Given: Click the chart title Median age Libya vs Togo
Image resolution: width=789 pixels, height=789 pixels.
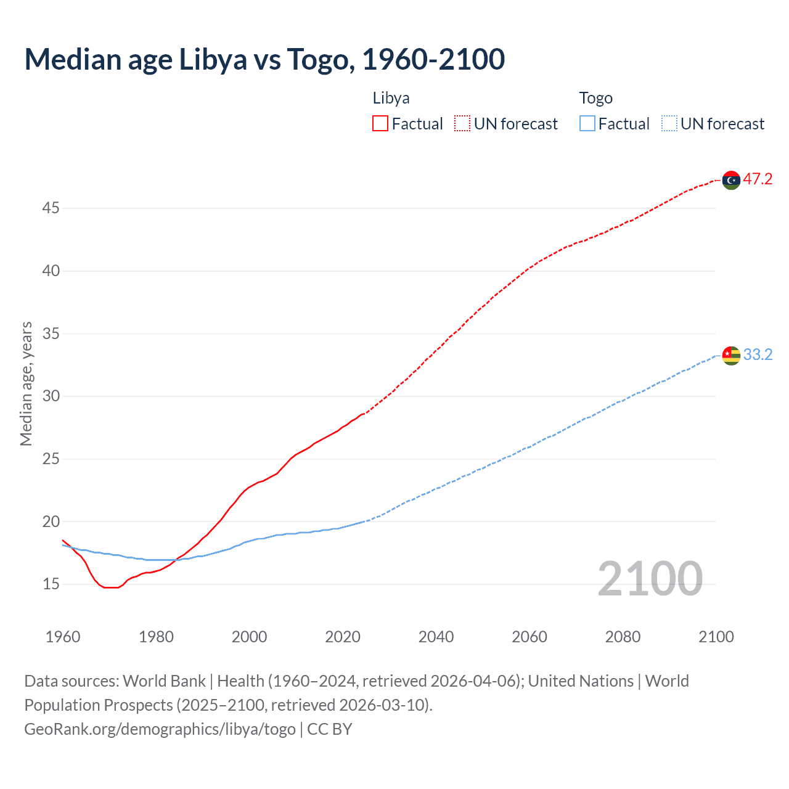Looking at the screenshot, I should [x=264, y=60].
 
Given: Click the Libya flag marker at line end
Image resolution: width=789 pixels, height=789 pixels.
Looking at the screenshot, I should [x=731, y=180].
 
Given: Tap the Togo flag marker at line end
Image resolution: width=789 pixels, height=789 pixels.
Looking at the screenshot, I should [x=731, y=355].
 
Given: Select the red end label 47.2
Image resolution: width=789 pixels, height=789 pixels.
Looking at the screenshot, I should [x=758, y=179].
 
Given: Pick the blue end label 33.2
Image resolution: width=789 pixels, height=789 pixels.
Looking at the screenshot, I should [x=758, y=354].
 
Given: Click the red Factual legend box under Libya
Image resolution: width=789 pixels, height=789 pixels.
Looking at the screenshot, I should [x=380, y=123].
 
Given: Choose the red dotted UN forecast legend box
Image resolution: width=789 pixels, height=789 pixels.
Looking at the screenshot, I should [x=462, y=123].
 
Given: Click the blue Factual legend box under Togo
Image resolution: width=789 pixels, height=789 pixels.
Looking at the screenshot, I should [x=587, y=123].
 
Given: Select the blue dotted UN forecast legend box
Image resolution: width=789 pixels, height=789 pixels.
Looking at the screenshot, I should [x=669, y=123].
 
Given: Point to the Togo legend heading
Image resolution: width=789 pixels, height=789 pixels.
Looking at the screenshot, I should [x=595, y=98].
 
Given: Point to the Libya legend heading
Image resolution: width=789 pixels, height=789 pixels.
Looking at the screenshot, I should [x=391, y=98].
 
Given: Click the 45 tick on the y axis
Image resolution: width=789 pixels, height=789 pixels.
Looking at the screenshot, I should [x=51, y=208].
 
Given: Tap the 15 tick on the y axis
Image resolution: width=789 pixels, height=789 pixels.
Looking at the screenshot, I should [x=51, y=584].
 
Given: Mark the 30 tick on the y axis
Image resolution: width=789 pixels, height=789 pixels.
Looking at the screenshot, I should [x=51, y=396].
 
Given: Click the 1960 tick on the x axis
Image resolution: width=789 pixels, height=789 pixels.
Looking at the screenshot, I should [x=63, y=637].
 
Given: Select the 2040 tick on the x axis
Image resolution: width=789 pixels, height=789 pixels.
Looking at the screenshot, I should [x=436, y=637].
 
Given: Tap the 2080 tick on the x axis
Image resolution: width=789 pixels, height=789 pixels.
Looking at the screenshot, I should [x=623, y=637].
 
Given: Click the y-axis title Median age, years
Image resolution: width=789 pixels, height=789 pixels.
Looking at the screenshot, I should [x=26, y=383].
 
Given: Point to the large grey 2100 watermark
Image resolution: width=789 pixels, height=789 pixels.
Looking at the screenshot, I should [x=650, y=579].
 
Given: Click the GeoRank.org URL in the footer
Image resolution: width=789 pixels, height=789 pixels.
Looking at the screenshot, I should [x=160, y=729].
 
